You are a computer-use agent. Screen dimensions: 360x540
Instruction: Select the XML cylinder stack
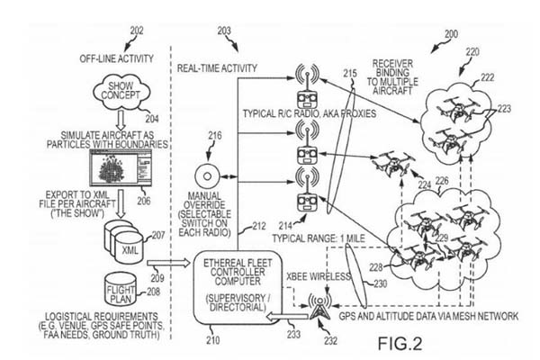click(126, 247)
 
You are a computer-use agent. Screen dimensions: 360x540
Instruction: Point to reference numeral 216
click(213, 137)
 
